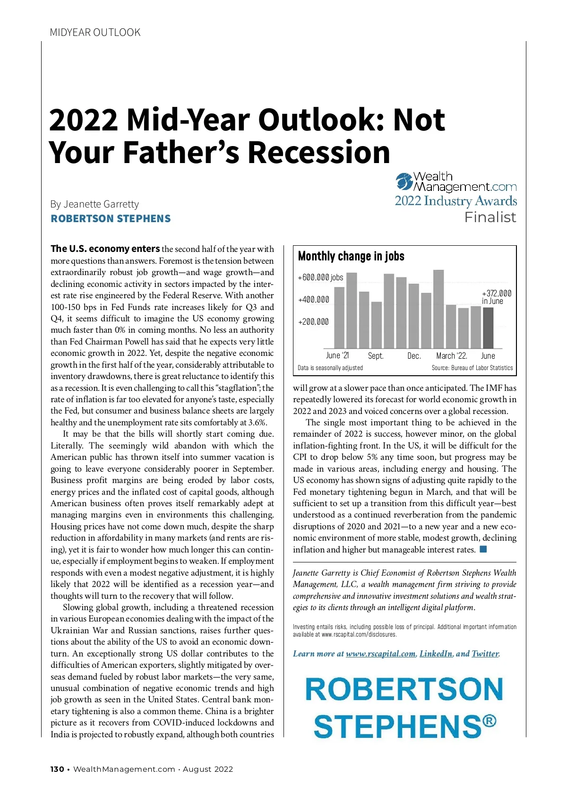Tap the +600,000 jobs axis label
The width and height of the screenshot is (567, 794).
click(320, 277)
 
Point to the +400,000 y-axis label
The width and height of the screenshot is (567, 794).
click(313, 300)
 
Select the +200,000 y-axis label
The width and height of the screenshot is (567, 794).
click(313, 322)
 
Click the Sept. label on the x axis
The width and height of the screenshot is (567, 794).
click(376, 356)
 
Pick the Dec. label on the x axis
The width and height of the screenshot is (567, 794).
click(414, 356)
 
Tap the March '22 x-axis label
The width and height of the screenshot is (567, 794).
click(451, 356)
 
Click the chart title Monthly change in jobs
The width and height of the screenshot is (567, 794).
click(351, 256)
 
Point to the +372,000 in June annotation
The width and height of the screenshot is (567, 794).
click(496, 297)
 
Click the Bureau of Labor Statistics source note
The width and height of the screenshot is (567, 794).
click(472, 368)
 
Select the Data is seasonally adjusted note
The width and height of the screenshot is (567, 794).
click(330, 368)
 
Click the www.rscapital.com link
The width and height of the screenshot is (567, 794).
click(380, 654)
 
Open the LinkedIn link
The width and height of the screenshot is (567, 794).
click(436, 654)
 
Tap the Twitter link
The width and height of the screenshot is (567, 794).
click(485, 654)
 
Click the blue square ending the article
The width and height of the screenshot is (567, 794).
click(483, 549)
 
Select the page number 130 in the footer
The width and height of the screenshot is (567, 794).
click(57, 769)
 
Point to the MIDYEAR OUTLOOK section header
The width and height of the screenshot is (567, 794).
click(95, 33)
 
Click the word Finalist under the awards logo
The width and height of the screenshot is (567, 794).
click(490, 217)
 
